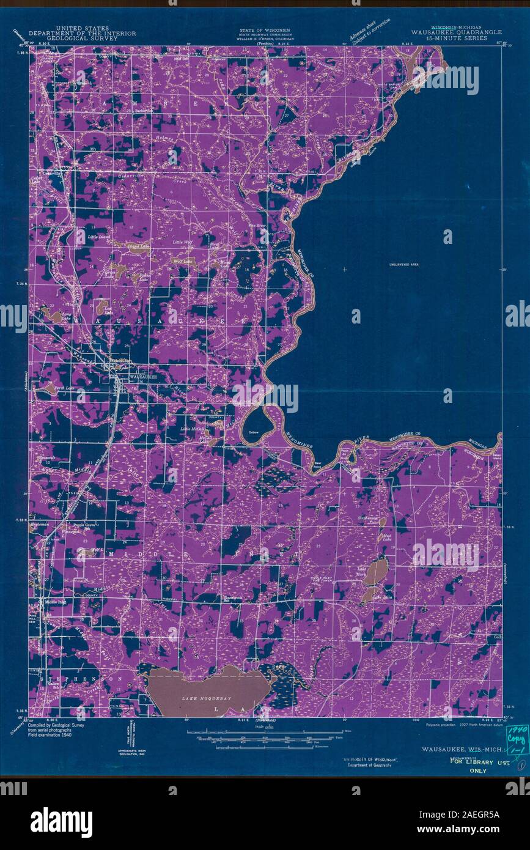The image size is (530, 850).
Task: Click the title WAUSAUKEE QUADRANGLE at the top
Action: pyautogui.click(x=457, y=32)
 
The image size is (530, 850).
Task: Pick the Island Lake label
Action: pyautogui.click(x=138, y=246)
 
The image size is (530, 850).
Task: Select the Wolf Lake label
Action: pyautogui.click(x=183, y=261)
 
